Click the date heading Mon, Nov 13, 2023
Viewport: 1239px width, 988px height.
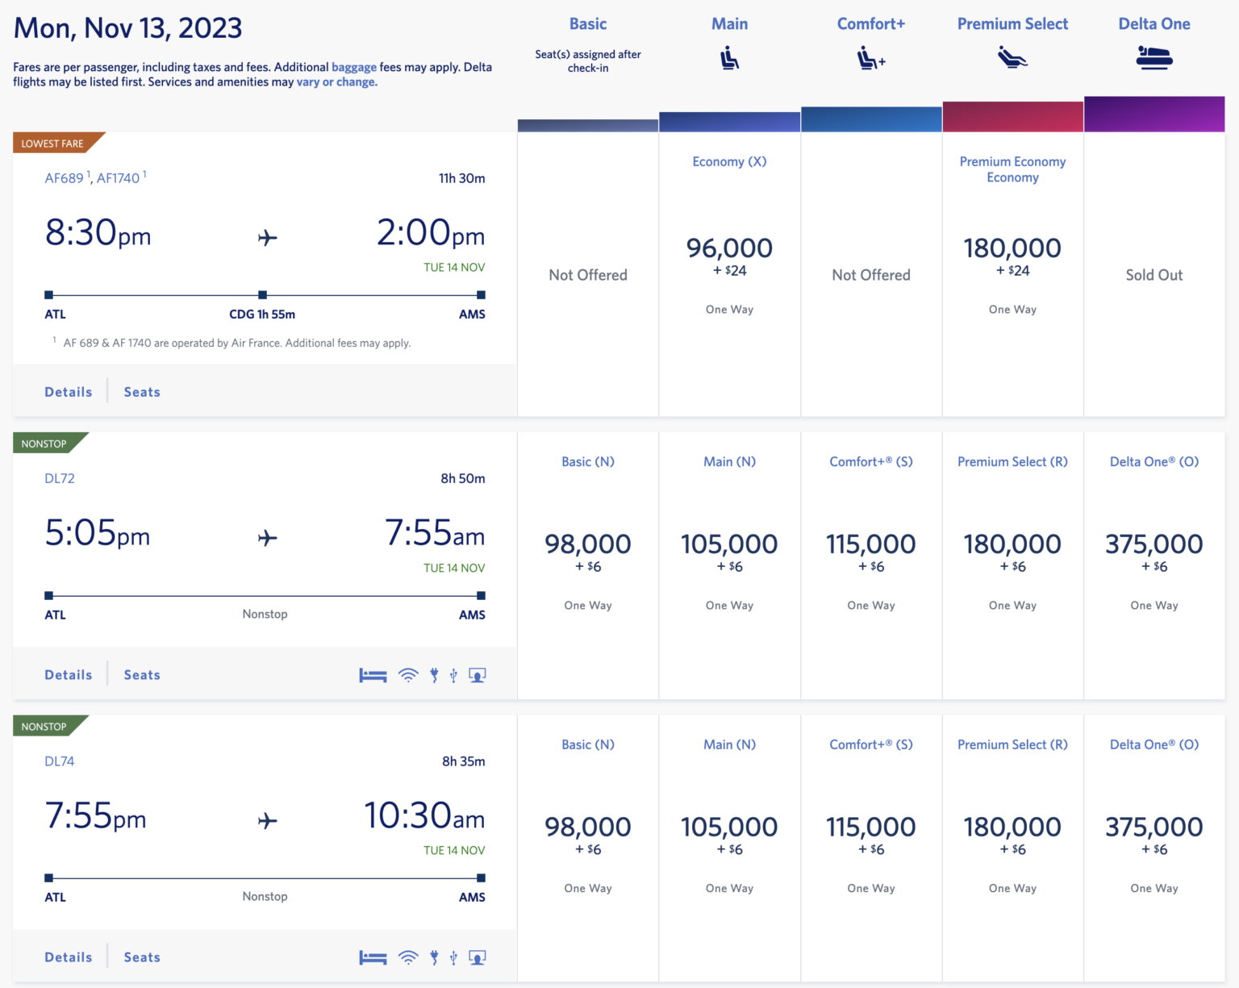[127, 28]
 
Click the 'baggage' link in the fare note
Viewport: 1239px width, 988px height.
[353, 67]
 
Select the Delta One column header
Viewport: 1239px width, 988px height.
[1153, 24]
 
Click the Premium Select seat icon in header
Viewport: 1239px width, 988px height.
[1012, 58]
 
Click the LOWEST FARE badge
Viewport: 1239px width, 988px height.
[53, 144]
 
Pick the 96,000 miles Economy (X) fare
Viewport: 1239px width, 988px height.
[729, 248]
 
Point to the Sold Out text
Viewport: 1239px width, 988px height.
[1153, 275]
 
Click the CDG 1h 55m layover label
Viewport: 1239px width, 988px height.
[262, 315]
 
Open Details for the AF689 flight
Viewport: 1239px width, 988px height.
[69, 392]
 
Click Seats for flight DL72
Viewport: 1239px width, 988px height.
[142, 675]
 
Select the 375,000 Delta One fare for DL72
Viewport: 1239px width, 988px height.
[1153, 544]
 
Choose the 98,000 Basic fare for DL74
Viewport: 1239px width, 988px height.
[587, 828]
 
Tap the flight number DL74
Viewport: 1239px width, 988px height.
[60, 761]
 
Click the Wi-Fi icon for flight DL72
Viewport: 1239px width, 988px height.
[409, 675]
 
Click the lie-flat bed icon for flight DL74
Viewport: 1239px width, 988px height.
[373, 957]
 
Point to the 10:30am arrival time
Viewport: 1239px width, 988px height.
[424, 816]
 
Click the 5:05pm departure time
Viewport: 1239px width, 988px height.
[98, 533]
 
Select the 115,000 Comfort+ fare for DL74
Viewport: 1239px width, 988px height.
[870, 828]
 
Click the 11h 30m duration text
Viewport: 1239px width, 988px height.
[461, 178]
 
